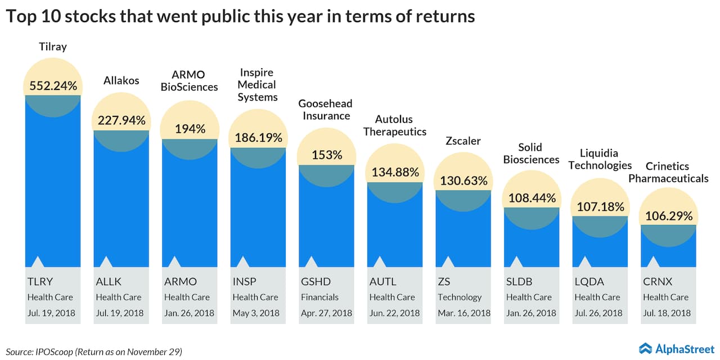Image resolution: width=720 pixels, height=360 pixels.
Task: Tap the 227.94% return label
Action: (x=121, y=120)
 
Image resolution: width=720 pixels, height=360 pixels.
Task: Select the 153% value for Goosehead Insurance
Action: (x=327, y=155)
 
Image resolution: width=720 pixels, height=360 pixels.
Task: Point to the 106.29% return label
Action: (x=668, y=215)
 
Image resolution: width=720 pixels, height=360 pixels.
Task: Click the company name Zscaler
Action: (x=463, y=141)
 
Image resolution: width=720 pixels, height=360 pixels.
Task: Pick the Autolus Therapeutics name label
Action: (x=395, y=125)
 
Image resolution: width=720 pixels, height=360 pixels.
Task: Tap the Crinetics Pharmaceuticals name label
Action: (x=668, y=172)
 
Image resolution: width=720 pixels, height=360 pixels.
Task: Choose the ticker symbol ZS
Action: (x=443, y=282)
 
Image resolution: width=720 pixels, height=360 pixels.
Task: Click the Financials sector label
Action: (x=319, y=297)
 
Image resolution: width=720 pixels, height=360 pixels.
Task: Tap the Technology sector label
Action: (x=460, y=297)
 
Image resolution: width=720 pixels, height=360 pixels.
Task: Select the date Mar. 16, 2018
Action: (x=464, y=313)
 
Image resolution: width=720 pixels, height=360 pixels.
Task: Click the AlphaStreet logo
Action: (x=677, y=348)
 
